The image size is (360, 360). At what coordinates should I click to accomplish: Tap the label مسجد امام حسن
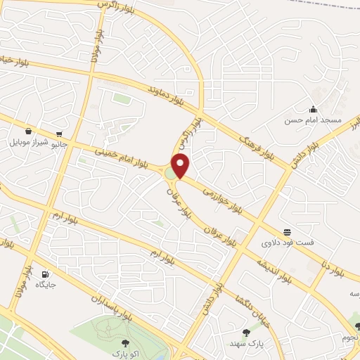(313, 121)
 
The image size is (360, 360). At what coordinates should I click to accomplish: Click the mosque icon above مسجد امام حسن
(312, 109)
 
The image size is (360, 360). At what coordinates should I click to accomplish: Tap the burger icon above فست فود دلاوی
(287, 232)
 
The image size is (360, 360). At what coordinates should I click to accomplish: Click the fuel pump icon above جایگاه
(46, 274)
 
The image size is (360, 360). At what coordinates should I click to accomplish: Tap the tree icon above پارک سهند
(245, 333)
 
